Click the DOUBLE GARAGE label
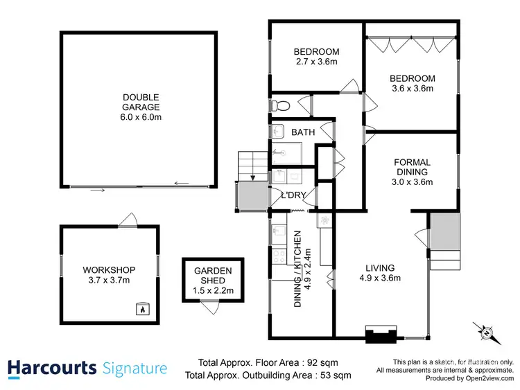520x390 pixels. (140, 107)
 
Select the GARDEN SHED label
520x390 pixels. (213, 276)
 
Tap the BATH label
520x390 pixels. (303, 132)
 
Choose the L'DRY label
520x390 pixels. (293, 195)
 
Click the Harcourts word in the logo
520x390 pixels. (52, 368)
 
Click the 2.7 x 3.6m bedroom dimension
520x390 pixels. (316, 62)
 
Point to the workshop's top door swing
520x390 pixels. (127, 220)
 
